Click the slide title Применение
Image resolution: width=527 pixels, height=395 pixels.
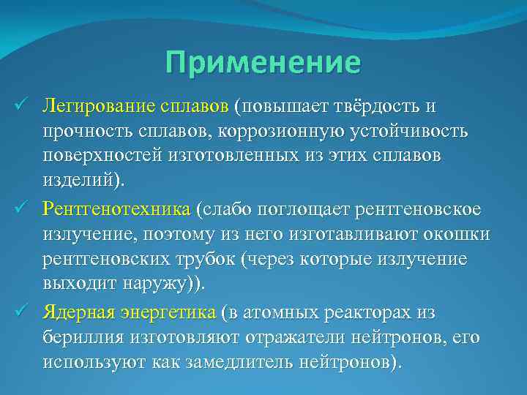(263, 62)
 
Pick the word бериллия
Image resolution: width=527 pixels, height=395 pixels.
(81, 338)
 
